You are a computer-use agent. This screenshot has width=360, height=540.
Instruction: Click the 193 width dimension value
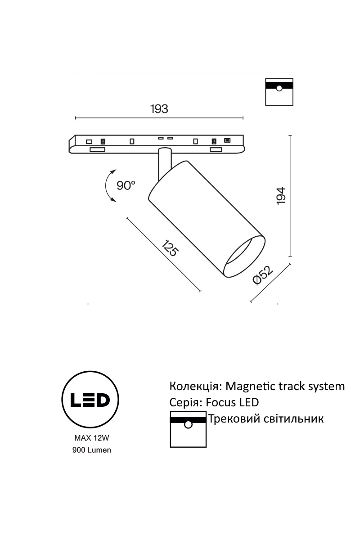[158, 109]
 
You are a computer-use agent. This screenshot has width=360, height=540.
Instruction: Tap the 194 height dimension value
[281, 196]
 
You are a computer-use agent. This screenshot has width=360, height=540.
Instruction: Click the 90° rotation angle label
[126, 185]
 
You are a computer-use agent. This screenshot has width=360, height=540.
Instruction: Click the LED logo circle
[90, 399]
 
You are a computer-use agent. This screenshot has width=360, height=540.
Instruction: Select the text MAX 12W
[91, 437]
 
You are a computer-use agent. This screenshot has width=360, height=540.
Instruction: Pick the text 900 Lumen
[91, 450]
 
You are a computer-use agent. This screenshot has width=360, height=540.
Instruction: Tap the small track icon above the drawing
[279, 91]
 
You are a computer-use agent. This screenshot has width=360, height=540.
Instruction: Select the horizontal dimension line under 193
[158, 118]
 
